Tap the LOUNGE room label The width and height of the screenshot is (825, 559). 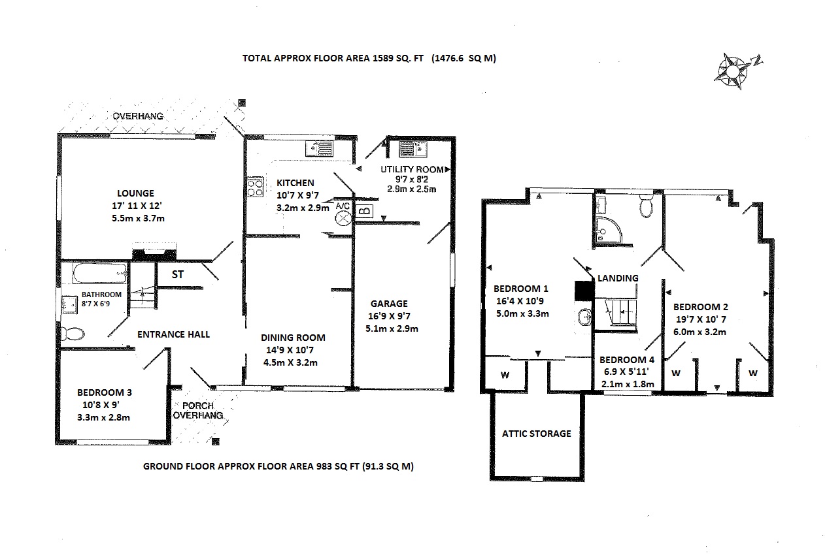point(135,193)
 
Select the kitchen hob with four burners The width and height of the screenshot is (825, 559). point(255,187)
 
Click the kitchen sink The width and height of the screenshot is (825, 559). point(319,148)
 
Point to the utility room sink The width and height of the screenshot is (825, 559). point(412,150)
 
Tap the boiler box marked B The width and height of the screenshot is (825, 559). point(364,211)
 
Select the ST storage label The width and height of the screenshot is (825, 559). point(178,274)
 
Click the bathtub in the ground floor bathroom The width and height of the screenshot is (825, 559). point(100,273)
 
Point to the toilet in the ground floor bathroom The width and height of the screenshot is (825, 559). point(73,334)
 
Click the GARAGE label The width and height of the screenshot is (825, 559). point(389,304)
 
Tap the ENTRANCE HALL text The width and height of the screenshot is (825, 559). point(173,334)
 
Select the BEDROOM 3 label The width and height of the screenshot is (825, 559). point(105,392)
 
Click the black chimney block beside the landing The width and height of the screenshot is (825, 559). point(585,291)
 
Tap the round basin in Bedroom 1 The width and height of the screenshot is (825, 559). point(585,317)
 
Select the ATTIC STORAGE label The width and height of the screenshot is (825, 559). point(537,434)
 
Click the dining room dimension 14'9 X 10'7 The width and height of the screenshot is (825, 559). point(290,350)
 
